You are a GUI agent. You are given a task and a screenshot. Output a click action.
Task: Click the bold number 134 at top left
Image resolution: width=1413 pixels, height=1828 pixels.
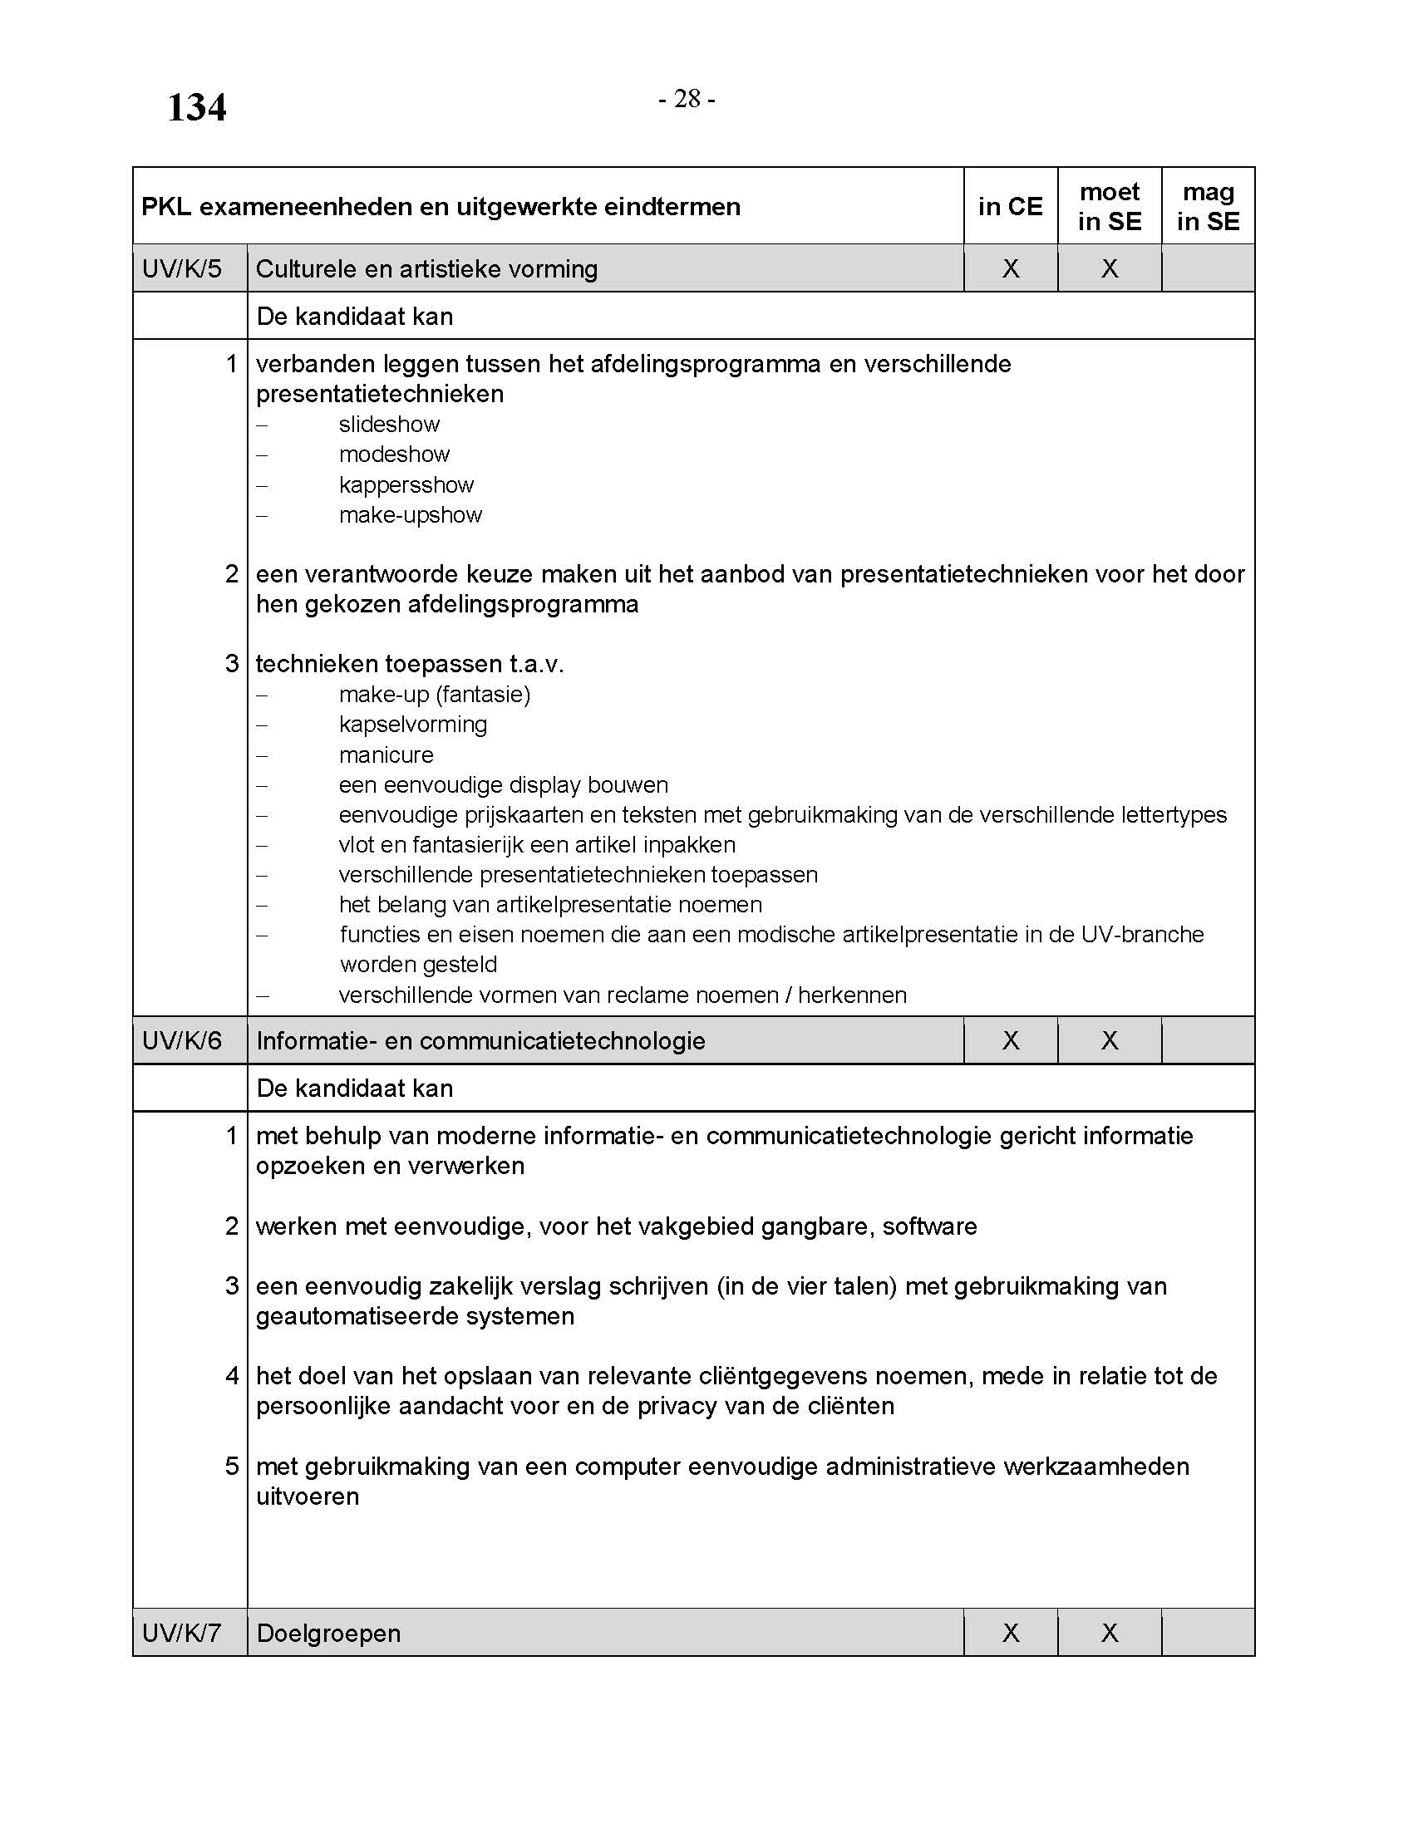click(x=197, y=108)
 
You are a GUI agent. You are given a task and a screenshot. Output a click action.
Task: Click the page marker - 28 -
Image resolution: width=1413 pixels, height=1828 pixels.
click(x=687, y=99)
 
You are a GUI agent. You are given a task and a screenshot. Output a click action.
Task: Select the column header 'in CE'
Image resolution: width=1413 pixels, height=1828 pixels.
click(x=1011, y=207)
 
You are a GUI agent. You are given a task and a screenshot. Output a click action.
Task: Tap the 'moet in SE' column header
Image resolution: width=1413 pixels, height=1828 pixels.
click(x=1109, y=207)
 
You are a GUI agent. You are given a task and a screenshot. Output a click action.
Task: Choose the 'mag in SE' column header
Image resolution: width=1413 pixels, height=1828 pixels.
click(x=1208, y=207)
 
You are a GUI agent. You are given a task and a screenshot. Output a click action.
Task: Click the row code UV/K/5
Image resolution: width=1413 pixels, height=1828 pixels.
click(x=183, y=268)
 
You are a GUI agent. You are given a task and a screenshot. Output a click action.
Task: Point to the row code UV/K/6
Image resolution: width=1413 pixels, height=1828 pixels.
click(x=183, y=1040)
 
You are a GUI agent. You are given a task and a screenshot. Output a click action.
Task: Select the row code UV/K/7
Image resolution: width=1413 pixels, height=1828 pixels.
click(x=183, y=1633)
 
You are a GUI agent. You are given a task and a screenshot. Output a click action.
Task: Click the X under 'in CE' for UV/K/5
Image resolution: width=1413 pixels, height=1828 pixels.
click(x=1011, y=268)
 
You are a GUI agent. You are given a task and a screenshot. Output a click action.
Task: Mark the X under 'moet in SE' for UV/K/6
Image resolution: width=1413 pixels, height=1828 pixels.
click(x=1109, y=1040)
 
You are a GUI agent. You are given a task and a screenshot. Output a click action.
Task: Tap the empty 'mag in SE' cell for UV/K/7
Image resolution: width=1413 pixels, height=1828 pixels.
click(x=1208, y=1633)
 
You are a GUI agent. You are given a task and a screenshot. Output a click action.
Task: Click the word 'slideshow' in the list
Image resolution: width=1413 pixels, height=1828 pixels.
click(x=389, y=425)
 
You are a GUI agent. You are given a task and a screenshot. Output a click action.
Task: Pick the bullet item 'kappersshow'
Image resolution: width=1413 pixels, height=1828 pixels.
click(x=406, y=485)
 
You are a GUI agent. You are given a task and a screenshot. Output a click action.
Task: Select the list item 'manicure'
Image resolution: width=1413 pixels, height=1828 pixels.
click(x=386, y=755)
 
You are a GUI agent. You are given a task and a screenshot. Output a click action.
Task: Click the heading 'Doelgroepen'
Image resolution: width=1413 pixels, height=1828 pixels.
click(x=329, y=1633)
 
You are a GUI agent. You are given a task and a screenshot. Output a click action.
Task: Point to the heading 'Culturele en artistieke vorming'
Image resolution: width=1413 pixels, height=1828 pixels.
click(x=427, y=268)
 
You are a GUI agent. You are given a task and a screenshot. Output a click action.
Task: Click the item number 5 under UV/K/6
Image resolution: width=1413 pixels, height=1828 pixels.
click(x=232, y=1467)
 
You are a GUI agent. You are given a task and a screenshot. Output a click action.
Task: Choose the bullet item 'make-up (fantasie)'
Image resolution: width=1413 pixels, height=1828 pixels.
click(x=435, y=695)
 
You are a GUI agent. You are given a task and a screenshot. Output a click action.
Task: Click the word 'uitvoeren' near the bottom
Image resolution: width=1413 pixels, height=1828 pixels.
click(x=308, y=1496)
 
